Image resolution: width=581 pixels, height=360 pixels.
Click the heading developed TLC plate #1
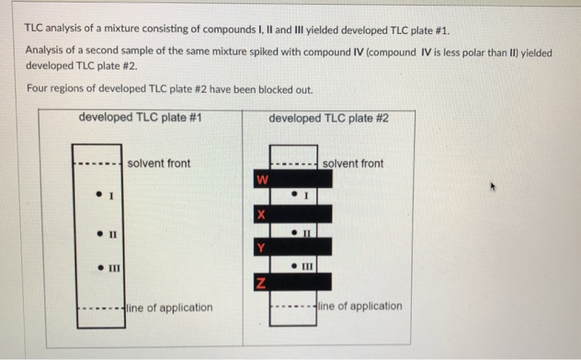[x=140, y=117]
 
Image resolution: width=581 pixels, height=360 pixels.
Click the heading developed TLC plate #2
[x=329, y=118]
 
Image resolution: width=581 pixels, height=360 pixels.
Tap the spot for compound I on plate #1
[x=98, y=196]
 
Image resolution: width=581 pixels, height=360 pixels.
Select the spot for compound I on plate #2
[x=294, y=195]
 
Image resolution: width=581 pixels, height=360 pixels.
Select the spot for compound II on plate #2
[x=294, y=232]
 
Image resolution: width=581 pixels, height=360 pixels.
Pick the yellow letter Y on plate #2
[x=261, y=247]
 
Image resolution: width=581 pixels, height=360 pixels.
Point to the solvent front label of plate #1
[x=159, y=163]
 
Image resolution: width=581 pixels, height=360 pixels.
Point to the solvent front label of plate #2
[x=353, y=163]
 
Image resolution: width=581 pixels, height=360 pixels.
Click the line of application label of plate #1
[x=169, y=308]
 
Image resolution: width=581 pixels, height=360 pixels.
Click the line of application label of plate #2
[x=359, y=306]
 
